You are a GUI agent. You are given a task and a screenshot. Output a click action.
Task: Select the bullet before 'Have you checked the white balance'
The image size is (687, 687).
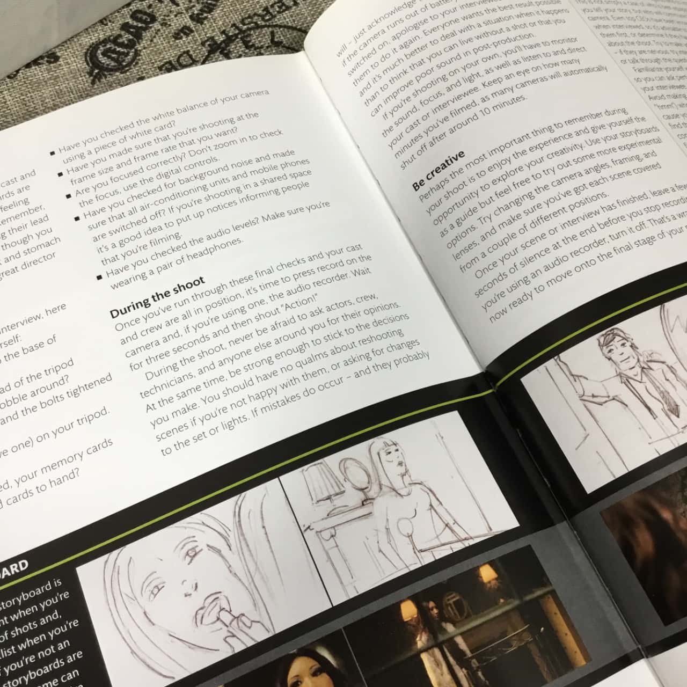53,152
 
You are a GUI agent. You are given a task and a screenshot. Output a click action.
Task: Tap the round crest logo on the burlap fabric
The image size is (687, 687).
115,54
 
